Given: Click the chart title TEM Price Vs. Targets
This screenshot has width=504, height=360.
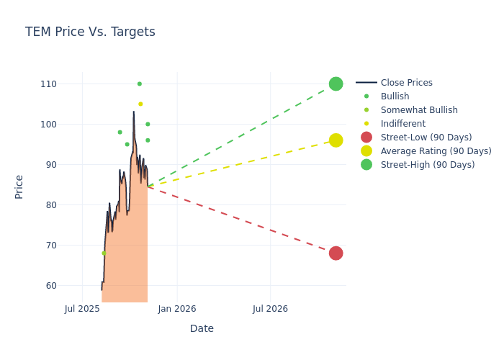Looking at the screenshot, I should click(x=90, y=32).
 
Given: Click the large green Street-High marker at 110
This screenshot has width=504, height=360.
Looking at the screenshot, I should click(x=336, y=84).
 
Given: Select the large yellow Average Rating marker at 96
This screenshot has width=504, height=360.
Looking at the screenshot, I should click(x=336, y=140).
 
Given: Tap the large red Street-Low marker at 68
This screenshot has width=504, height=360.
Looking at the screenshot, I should click(x=336, y=253).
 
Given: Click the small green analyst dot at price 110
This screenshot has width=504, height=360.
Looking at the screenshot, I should click(x=140, y=84).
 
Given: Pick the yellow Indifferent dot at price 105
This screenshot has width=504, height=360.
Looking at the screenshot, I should click(x=140, y=104).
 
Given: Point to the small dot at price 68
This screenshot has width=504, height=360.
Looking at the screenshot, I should click(x=104, y=253).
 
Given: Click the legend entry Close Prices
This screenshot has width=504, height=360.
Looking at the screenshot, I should click(x=406, y=83).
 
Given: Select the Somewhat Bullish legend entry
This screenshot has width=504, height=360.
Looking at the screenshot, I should click(x=419, y=110).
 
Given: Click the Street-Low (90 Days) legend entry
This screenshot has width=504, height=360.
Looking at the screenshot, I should click(x=426, y=138).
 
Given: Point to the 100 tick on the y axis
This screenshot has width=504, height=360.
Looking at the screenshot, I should click(x=48, y=125).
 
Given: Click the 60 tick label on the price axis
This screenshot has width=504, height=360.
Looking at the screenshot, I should click(x=50, y=286).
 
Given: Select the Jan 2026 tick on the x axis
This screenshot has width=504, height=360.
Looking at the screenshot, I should click(x=176, y=309).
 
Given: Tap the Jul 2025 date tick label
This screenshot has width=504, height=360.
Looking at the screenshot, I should click(x=82, y=309).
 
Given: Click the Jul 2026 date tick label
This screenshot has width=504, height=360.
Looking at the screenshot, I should click(x=270, y=309).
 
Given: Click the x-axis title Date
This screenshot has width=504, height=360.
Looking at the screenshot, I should click(x=202, y=328).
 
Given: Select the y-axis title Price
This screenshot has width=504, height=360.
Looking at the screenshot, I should click(x=19, y=186).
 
